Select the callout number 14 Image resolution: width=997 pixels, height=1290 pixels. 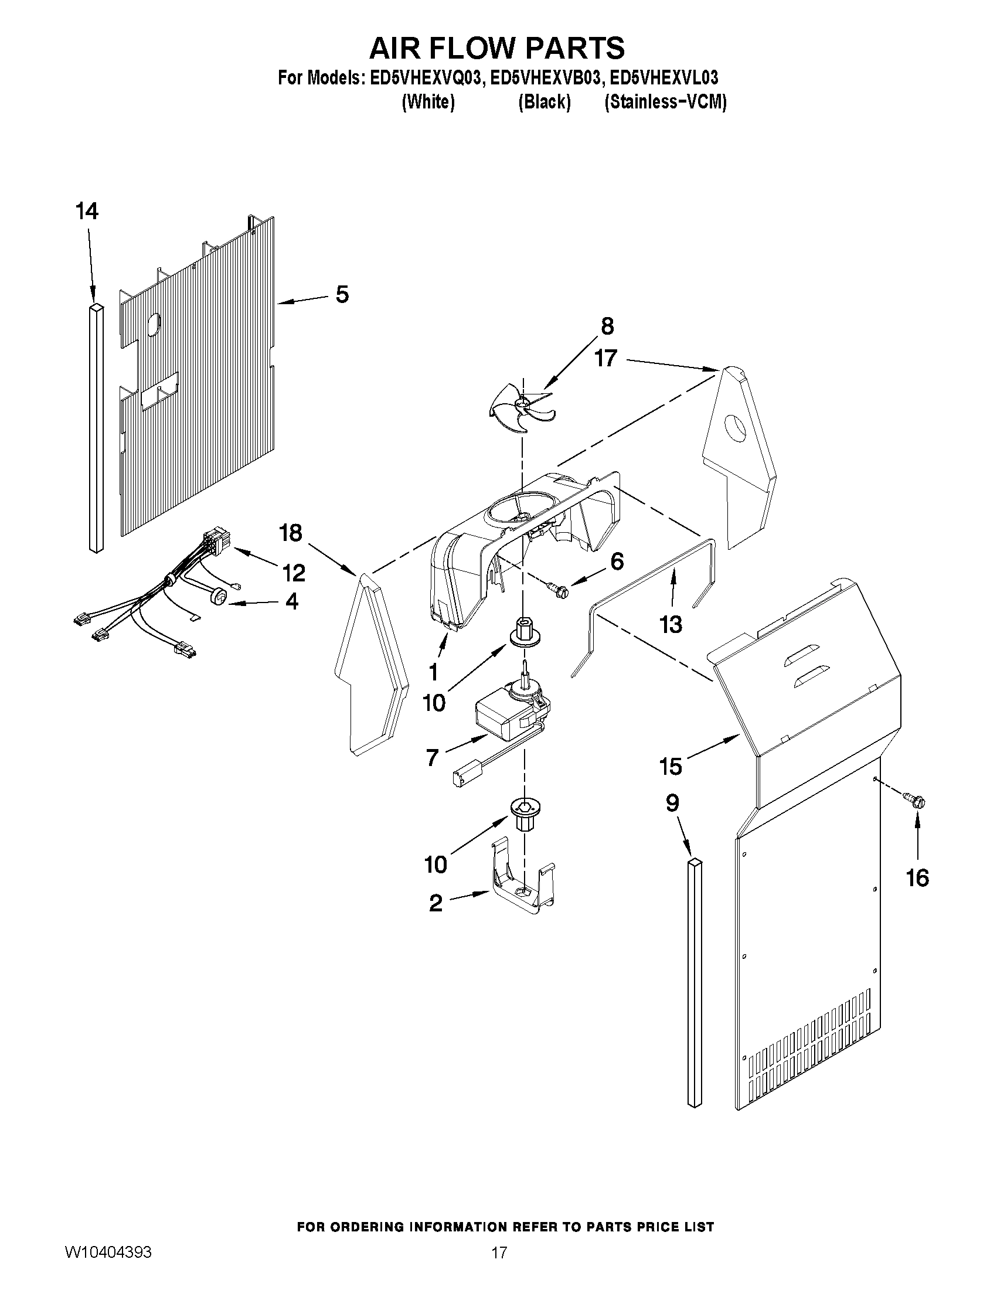[x=87, y=211]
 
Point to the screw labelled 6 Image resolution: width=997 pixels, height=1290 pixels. [x=557, y=588]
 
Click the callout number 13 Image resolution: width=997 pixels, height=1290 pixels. [x=671, y=624]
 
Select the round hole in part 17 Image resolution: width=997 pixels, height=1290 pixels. [x=737, y=428]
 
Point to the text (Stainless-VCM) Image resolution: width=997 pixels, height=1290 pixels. [x=665, y=102]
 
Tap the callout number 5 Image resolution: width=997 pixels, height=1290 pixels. [x=342, y=294]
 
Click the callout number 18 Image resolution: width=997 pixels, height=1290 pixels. [x=291, y=533]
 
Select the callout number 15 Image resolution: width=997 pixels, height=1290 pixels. [x=671, y=767]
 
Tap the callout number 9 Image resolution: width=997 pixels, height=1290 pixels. [x=672, y=804]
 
